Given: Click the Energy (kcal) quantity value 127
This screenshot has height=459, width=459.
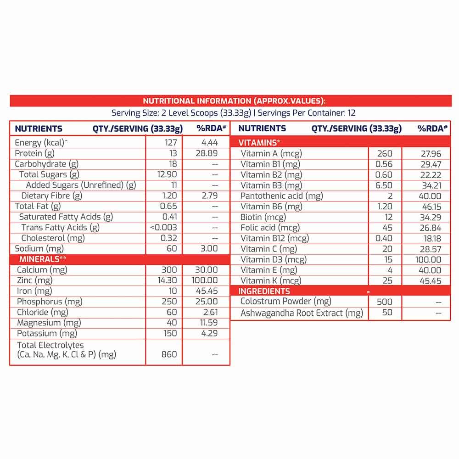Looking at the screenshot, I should pos(171,143).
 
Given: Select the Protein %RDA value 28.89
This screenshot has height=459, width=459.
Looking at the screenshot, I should pos(207,153).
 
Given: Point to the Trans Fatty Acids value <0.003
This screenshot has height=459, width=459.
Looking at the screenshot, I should pos(163,228).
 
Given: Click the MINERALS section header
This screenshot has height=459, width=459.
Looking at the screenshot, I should pos(43,259).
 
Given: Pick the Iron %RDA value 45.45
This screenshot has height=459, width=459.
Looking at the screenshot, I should pos(207,291).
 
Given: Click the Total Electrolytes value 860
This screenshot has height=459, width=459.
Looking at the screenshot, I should pos(169,354).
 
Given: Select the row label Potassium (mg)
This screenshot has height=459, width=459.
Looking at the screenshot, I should pos(47,334).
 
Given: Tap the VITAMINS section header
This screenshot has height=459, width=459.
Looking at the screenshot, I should pos(259,143).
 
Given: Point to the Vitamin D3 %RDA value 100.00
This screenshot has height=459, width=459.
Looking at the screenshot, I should pos(426,260).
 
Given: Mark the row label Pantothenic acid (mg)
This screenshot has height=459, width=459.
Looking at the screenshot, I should pos(282,196).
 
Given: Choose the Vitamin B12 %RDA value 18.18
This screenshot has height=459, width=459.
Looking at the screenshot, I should pos(430,238).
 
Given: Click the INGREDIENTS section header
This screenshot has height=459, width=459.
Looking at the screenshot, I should pos(264,291).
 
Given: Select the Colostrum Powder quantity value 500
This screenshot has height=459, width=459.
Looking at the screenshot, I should pos(384,302).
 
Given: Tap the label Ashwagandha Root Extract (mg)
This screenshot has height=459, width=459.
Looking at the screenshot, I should pos(302,313).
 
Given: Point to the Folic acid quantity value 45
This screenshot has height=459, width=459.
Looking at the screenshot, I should pos(387,228).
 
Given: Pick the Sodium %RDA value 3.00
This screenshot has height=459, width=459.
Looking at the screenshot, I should pos(209,249).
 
